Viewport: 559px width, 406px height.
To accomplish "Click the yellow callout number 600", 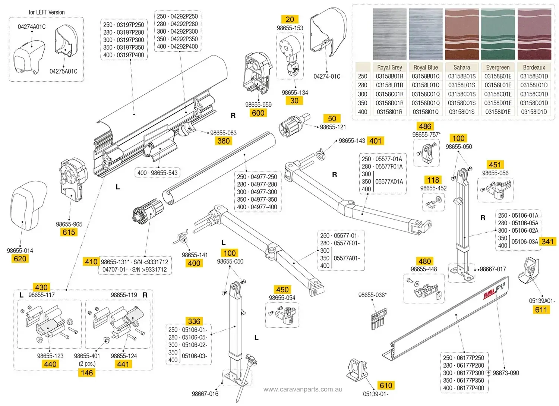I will click(258, 113).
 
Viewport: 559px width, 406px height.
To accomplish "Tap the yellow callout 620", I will click(20, 259).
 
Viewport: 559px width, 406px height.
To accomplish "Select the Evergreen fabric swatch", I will click(498, 34).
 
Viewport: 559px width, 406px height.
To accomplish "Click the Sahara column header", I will click(462, 67).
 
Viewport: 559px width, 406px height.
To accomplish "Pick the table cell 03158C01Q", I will click(426, 94).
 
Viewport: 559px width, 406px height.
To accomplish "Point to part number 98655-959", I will click(258, 105).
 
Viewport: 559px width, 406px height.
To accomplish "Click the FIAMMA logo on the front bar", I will click(489, 294).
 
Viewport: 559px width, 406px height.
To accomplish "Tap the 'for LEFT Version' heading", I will click(47, 12).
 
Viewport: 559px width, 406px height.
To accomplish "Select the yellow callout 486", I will click(425, 126).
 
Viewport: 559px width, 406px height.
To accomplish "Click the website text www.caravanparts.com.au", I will click(303, 390).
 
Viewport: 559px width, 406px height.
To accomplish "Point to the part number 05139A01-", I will click(541, 301).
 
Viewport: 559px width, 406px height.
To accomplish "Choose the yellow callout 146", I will click(86, 372).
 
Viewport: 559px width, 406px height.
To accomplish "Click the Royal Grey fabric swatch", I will click(389, 34).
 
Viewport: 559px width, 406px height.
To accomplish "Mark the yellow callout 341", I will click(547, 242).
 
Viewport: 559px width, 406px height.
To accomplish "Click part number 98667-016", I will click(205, 394).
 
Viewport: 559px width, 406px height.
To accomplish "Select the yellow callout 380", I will click(223, 141).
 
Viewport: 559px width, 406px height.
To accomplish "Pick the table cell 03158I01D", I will click(534, 112).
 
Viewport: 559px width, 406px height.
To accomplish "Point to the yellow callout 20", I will click(290, 19).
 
